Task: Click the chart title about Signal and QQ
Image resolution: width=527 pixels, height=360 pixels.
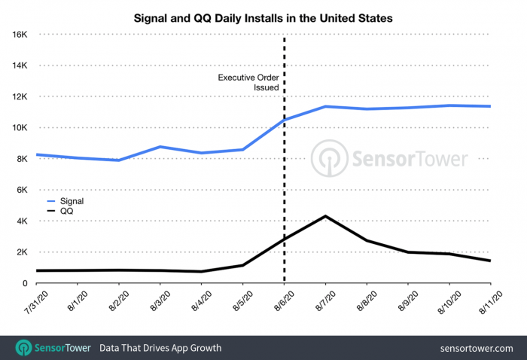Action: point(263,16)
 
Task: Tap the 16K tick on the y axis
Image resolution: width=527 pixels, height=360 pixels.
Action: point(18,35)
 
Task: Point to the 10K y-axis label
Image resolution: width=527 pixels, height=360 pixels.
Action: point(18,128)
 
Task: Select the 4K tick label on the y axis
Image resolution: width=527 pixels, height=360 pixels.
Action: point(20,221)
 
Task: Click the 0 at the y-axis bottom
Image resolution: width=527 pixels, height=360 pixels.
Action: point(25,283)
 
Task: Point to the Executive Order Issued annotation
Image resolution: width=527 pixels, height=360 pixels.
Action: point(248,83)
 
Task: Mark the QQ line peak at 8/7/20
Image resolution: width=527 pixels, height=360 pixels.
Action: point(324,216)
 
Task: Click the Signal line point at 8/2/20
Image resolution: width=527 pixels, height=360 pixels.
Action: point(119,160)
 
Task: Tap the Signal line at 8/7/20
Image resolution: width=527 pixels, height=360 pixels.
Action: point(324,106)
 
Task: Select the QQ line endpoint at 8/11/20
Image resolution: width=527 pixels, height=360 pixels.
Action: point(490,261)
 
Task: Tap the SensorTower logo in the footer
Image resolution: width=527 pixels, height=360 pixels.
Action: point(53,348)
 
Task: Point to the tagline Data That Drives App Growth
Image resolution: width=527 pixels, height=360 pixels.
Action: point(161,348)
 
